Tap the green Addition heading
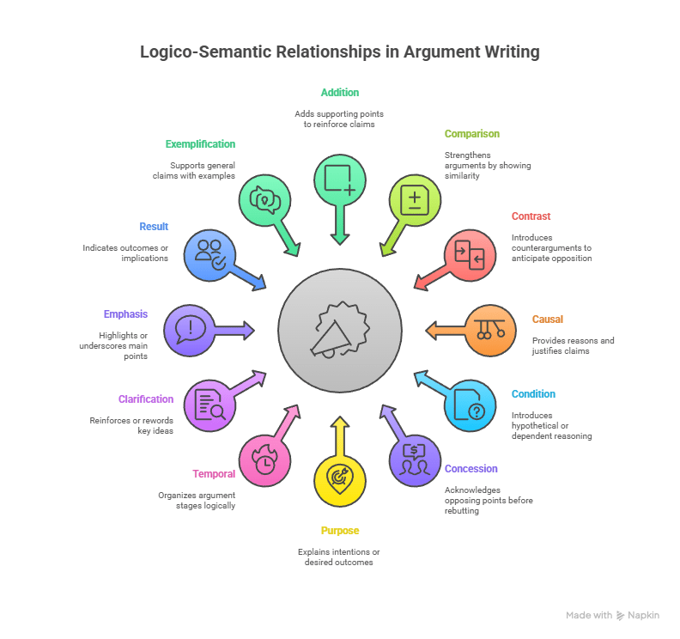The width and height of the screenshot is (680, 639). [x=340, y=92]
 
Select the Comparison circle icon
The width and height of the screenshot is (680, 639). [x=416, y=198]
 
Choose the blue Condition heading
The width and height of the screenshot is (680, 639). [x=533, y=394]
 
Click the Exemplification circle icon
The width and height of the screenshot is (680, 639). [x=264, y=198]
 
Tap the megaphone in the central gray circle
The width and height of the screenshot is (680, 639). [x=340, y=329]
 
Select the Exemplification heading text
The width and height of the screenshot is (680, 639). [x=200, y=143]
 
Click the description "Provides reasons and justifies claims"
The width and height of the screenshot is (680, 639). [x=573, y=346]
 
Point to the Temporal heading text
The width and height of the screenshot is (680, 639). [x=214, y=474]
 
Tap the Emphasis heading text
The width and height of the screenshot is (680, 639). [x=127, y=314]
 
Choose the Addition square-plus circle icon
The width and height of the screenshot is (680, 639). [x=340, y=178]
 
